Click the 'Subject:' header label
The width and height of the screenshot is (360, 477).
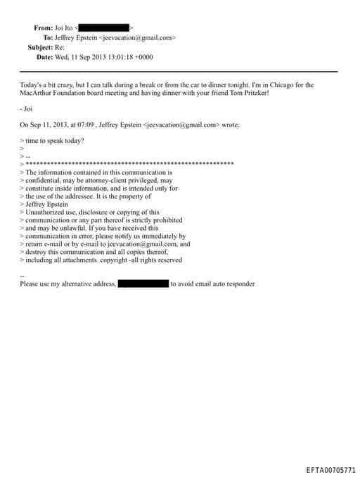41,47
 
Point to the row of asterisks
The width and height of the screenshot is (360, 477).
129,164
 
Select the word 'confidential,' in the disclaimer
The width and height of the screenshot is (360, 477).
41,181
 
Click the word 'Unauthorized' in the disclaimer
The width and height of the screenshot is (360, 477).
45,212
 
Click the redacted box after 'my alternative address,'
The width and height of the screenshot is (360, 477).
143,284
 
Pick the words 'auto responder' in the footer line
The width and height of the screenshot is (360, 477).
235,284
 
